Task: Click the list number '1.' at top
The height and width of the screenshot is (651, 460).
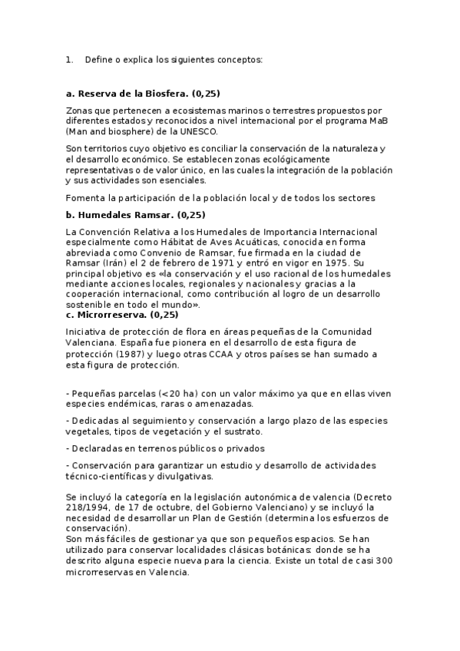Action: (x=70, y=59)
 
